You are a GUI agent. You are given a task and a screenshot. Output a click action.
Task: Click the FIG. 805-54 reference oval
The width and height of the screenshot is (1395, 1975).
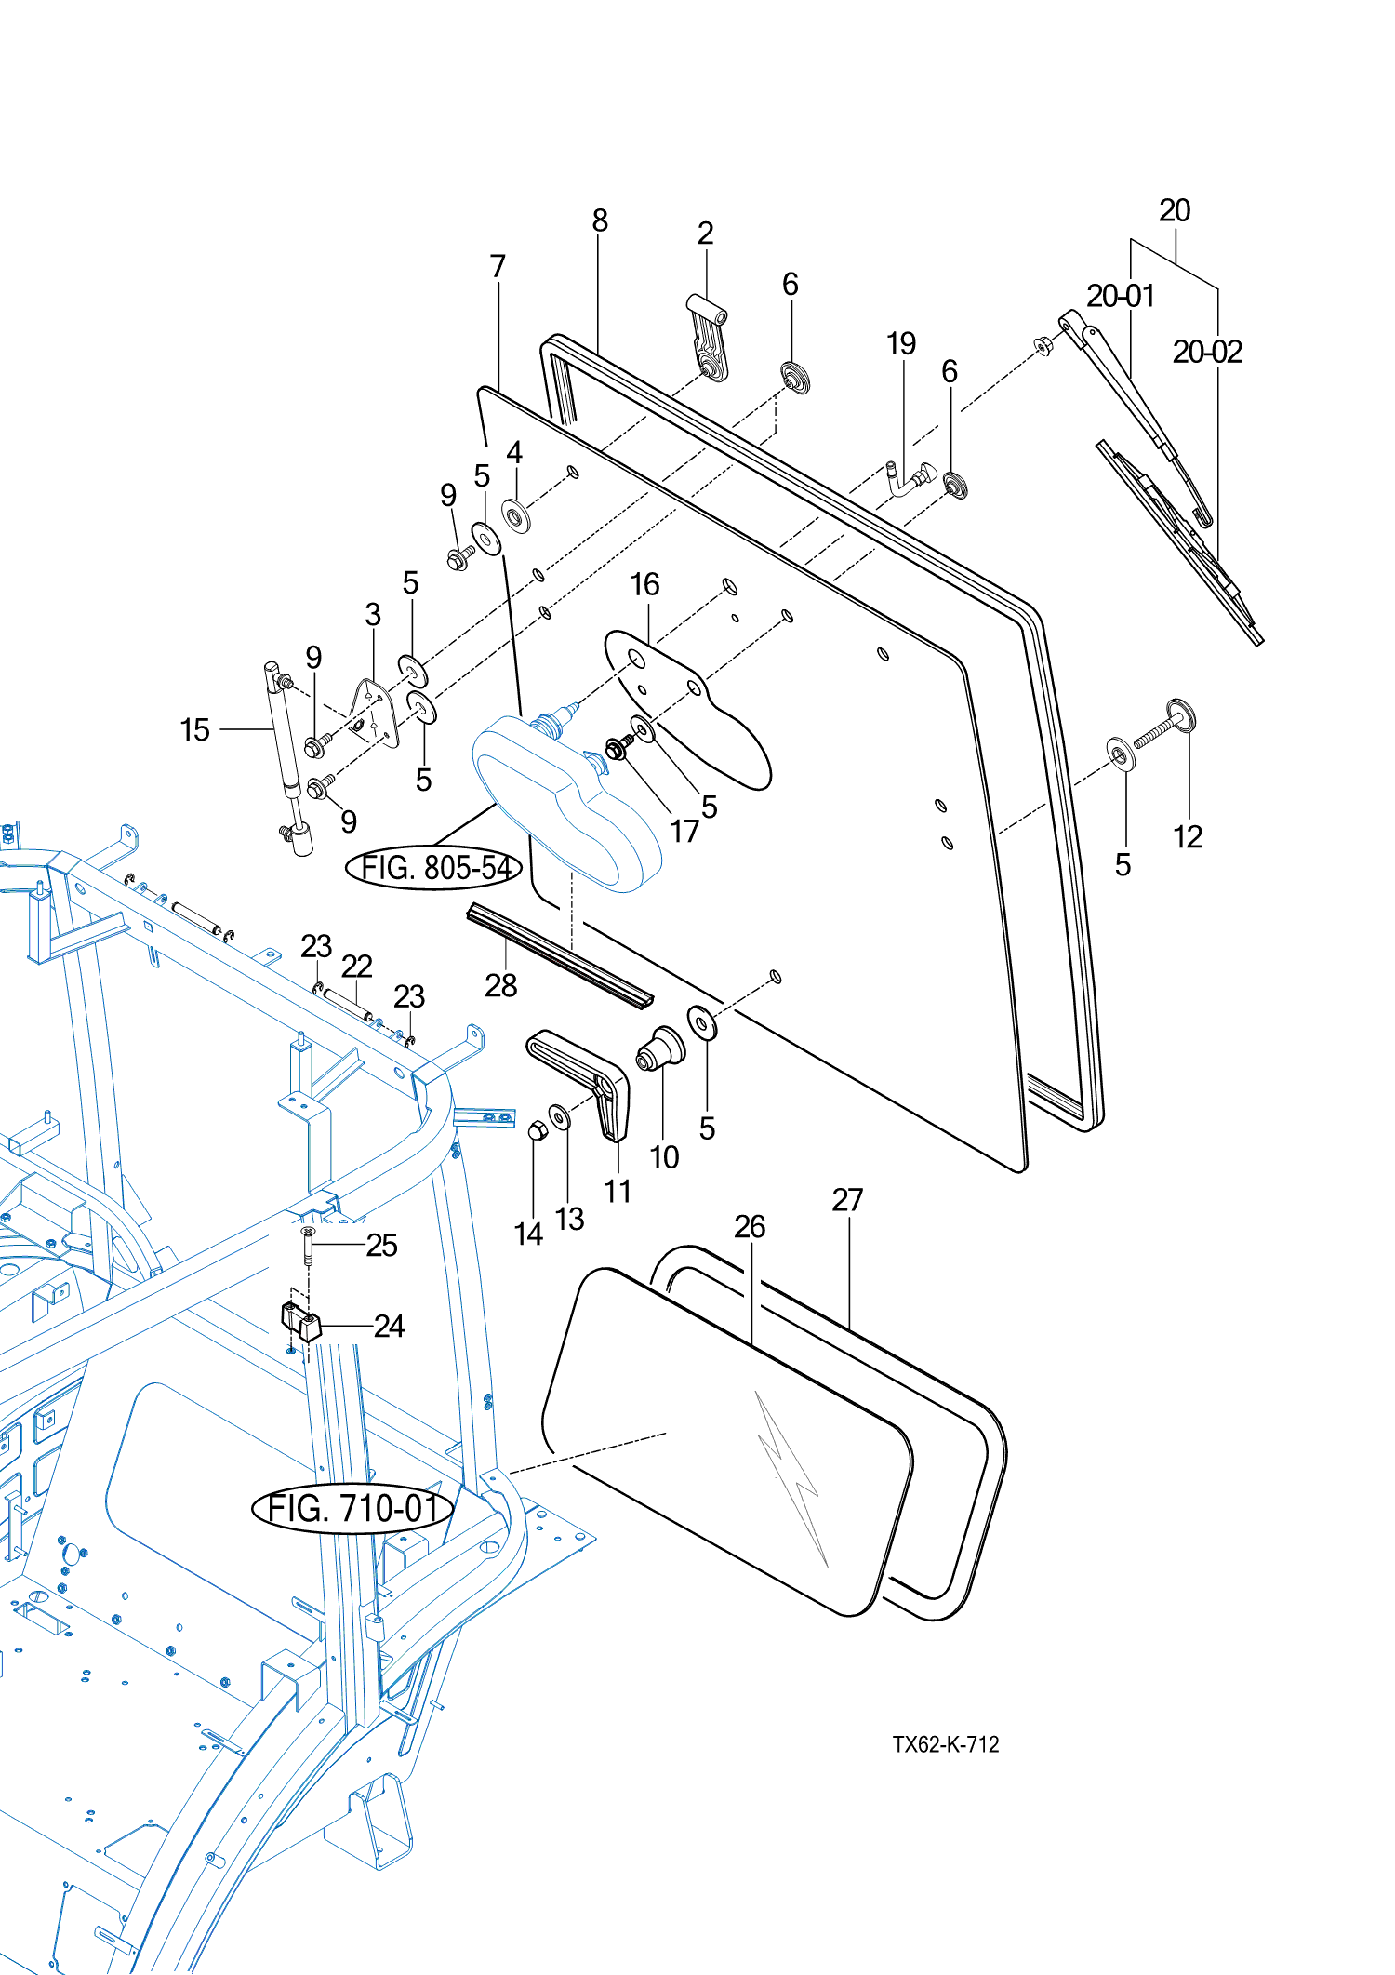click(x=433, y=868)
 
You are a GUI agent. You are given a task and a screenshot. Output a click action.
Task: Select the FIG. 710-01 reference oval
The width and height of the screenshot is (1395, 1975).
click(x=352, y=1508)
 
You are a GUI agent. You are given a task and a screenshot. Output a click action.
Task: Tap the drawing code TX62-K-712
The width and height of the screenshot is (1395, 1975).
click(x=945, y=1744)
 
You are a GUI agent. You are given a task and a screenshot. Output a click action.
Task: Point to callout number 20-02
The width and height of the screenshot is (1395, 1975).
click(x=1207, y=353)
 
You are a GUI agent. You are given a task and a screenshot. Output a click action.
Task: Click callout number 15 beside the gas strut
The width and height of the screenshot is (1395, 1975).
click(x=194, y=730)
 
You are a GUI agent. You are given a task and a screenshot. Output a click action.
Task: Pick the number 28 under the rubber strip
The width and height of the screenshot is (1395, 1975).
click(x=500, y=985)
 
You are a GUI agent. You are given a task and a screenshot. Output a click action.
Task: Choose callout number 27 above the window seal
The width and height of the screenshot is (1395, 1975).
click(x=847, y=1200)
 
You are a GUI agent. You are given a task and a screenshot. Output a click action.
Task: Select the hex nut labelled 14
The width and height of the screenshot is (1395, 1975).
click(x=536, y=1131)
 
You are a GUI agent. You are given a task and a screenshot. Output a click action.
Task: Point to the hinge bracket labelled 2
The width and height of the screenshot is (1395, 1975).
click(x=710, y=343)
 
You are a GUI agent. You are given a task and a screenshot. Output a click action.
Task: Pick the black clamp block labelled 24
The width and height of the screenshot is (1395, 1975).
click(x=300, y=1321)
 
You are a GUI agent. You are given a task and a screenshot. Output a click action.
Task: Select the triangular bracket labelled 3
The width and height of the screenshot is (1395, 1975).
click(x=375, y=712)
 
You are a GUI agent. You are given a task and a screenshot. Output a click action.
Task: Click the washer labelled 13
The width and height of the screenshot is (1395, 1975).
click(x=560, y=1116)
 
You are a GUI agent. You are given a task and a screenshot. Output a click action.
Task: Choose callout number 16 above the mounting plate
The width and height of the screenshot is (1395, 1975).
click(x=644, y=585)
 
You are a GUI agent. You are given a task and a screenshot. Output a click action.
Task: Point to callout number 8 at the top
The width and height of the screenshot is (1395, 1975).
click(x=600, y=220)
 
